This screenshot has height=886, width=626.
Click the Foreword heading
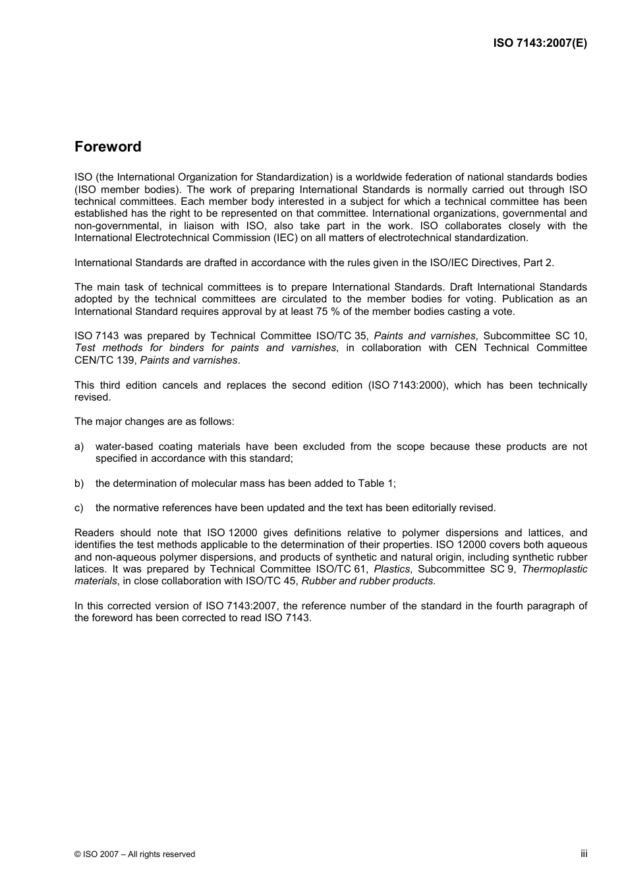(107, 147)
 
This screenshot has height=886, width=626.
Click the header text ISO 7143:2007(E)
(540, 43)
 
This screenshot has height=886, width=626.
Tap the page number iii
(584, 854)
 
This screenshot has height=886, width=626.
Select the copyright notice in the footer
(134, 854)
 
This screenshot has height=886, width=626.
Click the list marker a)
(79, 447)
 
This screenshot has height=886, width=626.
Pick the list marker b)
(79, 484)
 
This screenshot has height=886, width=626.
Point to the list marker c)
(79, 508)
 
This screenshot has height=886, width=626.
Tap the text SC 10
(572, 336)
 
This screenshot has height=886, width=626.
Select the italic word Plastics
(392, 569)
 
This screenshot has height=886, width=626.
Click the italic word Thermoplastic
(554, 569)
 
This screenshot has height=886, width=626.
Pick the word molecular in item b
(214, 484)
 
